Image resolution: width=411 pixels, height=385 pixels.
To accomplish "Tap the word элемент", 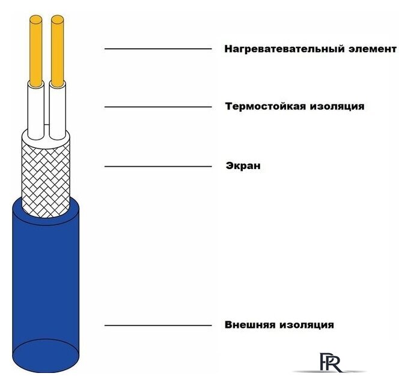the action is tap(373, 49).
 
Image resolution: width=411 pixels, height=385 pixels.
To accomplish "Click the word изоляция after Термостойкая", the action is tap(337, 106).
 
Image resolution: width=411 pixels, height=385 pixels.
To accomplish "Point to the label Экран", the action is tap(243, 166).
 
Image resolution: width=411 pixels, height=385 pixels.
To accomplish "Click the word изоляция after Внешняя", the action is tap(306, 325).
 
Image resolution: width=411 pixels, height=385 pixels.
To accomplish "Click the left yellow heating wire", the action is tap(36, 51).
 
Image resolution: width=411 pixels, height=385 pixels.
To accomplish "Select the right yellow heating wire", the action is tap(58, 51).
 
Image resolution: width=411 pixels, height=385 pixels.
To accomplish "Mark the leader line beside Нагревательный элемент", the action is tap(158, 49).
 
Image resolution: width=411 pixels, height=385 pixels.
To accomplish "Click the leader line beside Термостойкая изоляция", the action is tap(158, 107).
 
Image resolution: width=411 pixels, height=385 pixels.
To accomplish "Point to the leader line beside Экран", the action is tap(158, 167).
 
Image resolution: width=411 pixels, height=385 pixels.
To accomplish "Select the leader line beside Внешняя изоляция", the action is tap(158, 325).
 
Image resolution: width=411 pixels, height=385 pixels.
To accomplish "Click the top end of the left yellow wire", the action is tap(36, 19).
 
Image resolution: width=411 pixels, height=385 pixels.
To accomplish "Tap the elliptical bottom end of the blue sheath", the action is tap(46, 356).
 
